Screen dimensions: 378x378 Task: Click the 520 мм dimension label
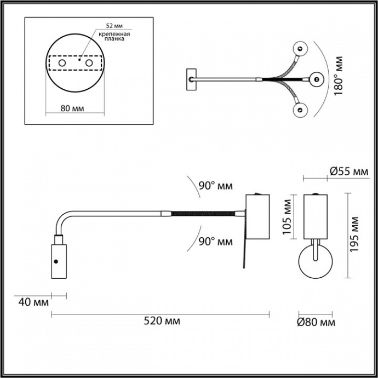pyautogui.click(x=161, y=321)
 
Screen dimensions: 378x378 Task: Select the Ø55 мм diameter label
pyautogui.click(x=348, y=172)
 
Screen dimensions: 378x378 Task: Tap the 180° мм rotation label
pyautogui.click(x=338, y=76)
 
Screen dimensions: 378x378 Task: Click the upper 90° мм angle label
pyautogui.click(x=215, y=186)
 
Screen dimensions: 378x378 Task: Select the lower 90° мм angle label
pyautogui.click(x=215, y=241)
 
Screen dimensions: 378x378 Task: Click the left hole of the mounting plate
pyautogui.click(x=62, y=65)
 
